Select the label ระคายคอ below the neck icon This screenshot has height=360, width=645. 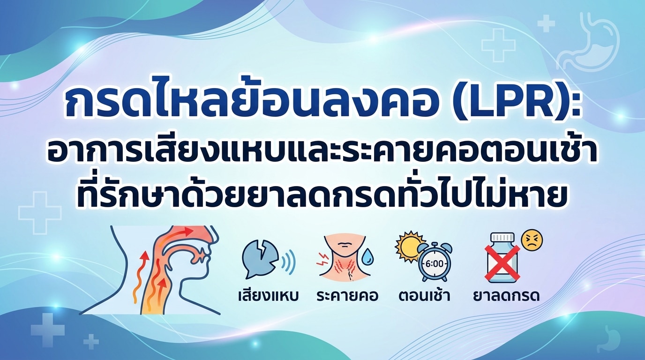(x=347, y=296)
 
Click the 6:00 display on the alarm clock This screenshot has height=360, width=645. (x=434, y=264)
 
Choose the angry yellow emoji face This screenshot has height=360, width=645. (x=532, y=240)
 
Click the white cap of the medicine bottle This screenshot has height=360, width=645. (x=502, y=237)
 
